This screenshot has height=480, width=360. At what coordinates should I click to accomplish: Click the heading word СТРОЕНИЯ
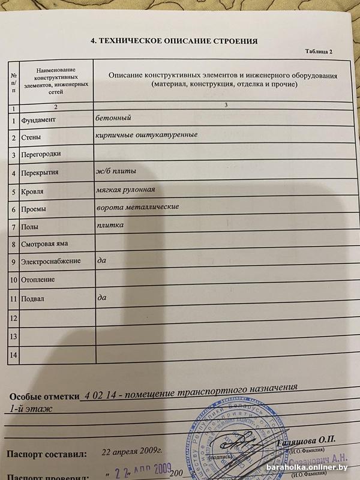point(232,41)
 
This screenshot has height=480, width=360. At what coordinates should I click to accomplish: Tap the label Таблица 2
point(319,53)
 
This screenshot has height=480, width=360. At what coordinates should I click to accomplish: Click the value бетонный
point(113,118)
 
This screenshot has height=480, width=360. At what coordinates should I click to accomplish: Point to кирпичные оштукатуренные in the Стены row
point(146,135)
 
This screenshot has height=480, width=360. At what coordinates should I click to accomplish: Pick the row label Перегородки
point(41,155)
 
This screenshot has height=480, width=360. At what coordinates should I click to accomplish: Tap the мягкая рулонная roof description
point(125,190)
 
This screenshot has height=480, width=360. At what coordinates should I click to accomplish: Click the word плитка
point(110,225)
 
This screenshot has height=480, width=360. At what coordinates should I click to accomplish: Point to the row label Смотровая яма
point(44,244)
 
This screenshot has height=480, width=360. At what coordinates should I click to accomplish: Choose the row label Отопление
point(38,280)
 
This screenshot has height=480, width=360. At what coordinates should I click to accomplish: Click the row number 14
point(14,356)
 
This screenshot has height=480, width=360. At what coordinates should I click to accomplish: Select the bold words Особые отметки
point(45,397)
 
